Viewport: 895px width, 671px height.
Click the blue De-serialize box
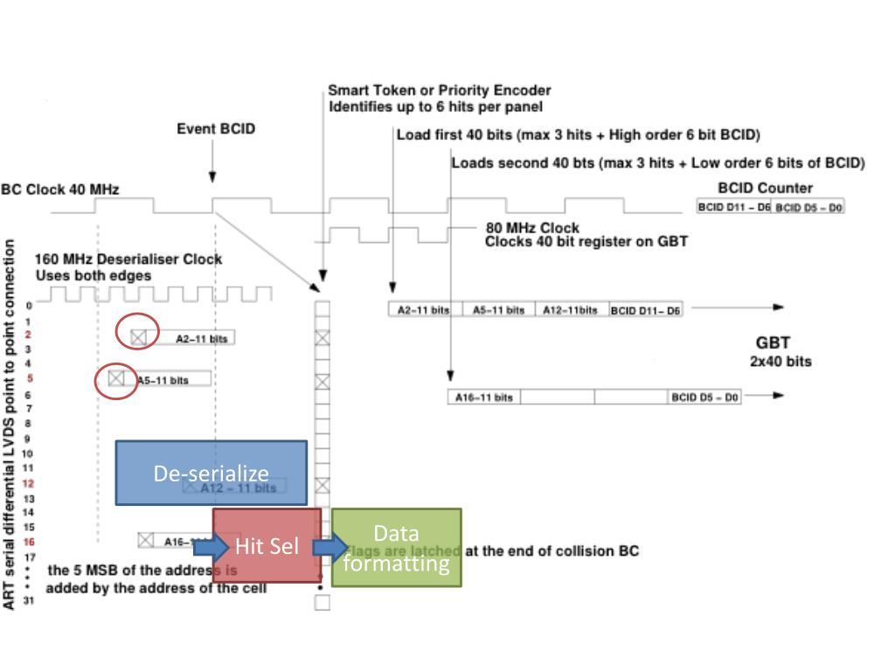point(212,473)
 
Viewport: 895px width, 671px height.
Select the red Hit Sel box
point(267,546)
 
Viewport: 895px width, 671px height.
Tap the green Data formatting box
point(396,547)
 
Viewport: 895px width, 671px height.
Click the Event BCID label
point(217,129)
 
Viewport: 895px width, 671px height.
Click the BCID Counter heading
point(765,188)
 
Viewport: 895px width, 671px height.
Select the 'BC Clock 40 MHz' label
point(60,190)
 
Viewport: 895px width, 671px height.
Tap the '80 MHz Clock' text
point(532,228)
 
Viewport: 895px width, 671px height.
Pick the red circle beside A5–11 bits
point(116,378)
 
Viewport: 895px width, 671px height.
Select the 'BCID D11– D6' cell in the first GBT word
point(645,310)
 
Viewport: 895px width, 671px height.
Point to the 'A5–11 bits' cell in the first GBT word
point(498,310)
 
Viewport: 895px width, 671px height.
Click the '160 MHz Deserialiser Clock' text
point(128,259)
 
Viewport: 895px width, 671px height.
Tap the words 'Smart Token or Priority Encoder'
point(439,90)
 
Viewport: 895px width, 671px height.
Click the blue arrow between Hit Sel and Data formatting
point(329,547)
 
